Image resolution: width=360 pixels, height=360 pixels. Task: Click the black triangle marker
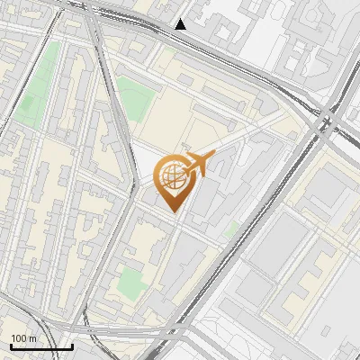181,24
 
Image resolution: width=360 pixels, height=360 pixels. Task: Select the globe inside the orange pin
171,176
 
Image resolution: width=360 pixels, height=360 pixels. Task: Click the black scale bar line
41,346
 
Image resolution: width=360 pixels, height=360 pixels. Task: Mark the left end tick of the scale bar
11,345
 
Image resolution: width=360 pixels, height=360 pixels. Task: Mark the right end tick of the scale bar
72,345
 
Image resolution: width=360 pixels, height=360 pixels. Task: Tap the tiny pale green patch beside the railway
231,230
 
